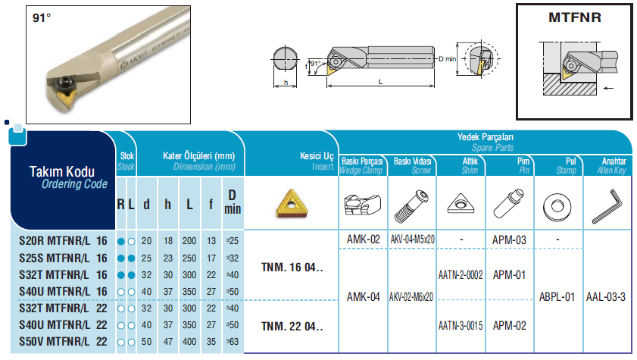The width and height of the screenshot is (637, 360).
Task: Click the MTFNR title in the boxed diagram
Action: (574, 17)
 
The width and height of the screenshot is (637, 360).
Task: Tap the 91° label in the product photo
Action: (42, 18)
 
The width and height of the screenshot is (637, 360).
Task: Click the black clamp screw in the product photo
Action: (64, 83)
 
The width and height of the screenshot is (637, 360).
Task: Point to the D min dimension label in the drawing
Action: (448, 59)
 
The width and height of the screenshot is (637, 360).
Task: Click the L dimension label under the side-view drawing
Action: (381, 82)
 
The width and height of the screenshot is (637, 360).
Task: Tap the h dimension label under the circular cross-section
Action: (286, 83)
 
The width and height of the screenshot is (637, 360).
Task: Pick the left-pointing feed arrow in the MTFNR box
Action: (608, 88)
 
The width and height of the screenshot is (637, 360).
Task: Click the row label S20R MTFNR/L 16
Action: (63, 241)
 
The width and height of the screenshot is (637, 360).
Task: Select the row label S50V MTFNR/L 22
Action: (63, 342)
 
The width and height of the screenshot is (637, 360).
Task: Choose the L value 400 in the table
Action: (189, 342)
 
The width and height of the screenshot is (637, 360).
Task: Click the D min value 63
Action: (233, 342)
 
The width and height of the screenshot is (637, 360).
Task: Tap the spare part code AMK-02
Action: (363, 239)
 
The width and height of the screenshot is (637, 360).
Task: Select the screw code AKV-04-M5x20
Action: (412, 239)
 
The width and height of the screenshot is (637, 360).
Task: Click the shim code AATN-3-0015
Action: (461, 325)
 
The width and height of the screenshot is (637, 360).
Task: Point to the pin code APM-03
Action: (509, 240)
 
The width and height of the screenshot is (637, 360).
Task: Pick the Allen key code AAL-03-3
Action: (606, 297)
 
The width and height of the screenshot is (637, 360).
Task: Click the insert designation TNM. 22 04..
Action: (292, 327)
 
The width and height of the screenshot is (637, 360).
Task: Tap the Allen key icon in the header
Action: (607, 206)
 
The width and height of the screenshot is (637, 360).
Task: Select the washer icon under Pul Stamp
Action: (557, 207)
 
